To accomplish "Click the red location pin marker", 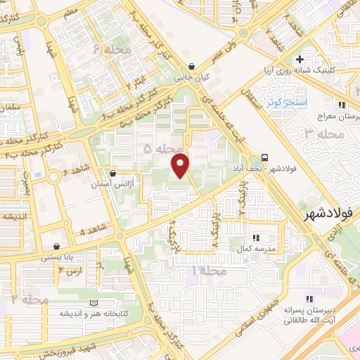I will [181, 166].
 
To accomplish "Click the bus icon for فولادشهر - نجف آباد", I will [265, 157].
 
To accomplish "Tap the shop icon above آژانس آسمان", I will [113, 172].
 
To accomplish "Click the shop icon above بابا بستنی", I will [56, 247].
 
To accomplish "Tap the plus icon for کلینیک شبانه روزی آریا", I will [300, 60].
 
